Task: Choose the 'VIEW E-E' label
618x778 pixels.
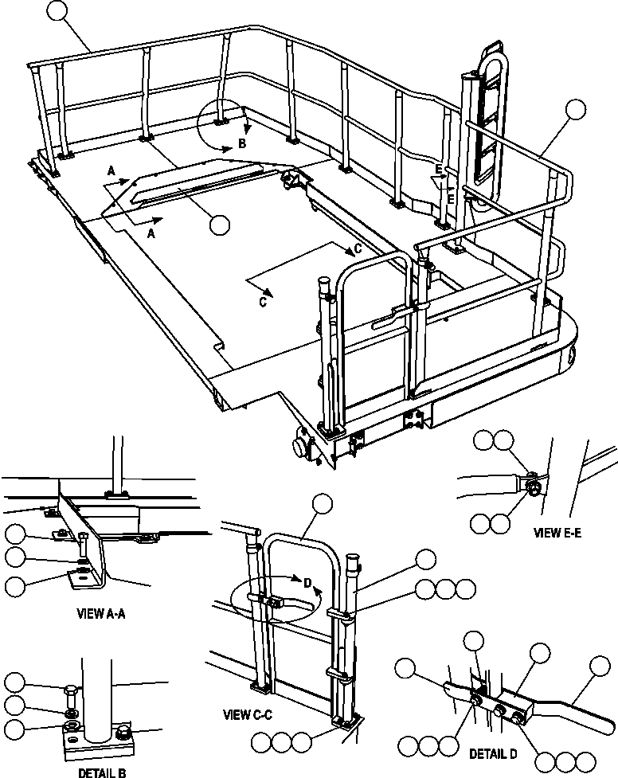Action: (x=557, y=533)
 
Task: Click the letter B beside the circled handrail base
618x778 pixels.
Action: (x=242, y=144)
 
